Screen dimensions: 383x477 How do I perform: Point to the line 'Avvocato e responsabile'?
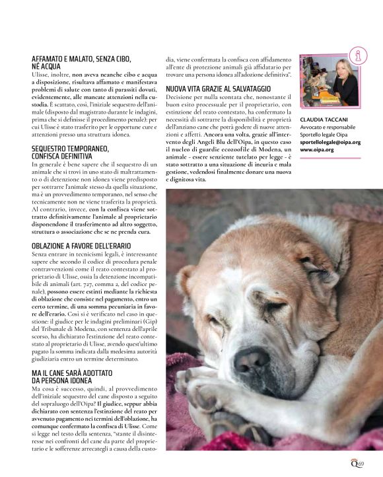[328, 126]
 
